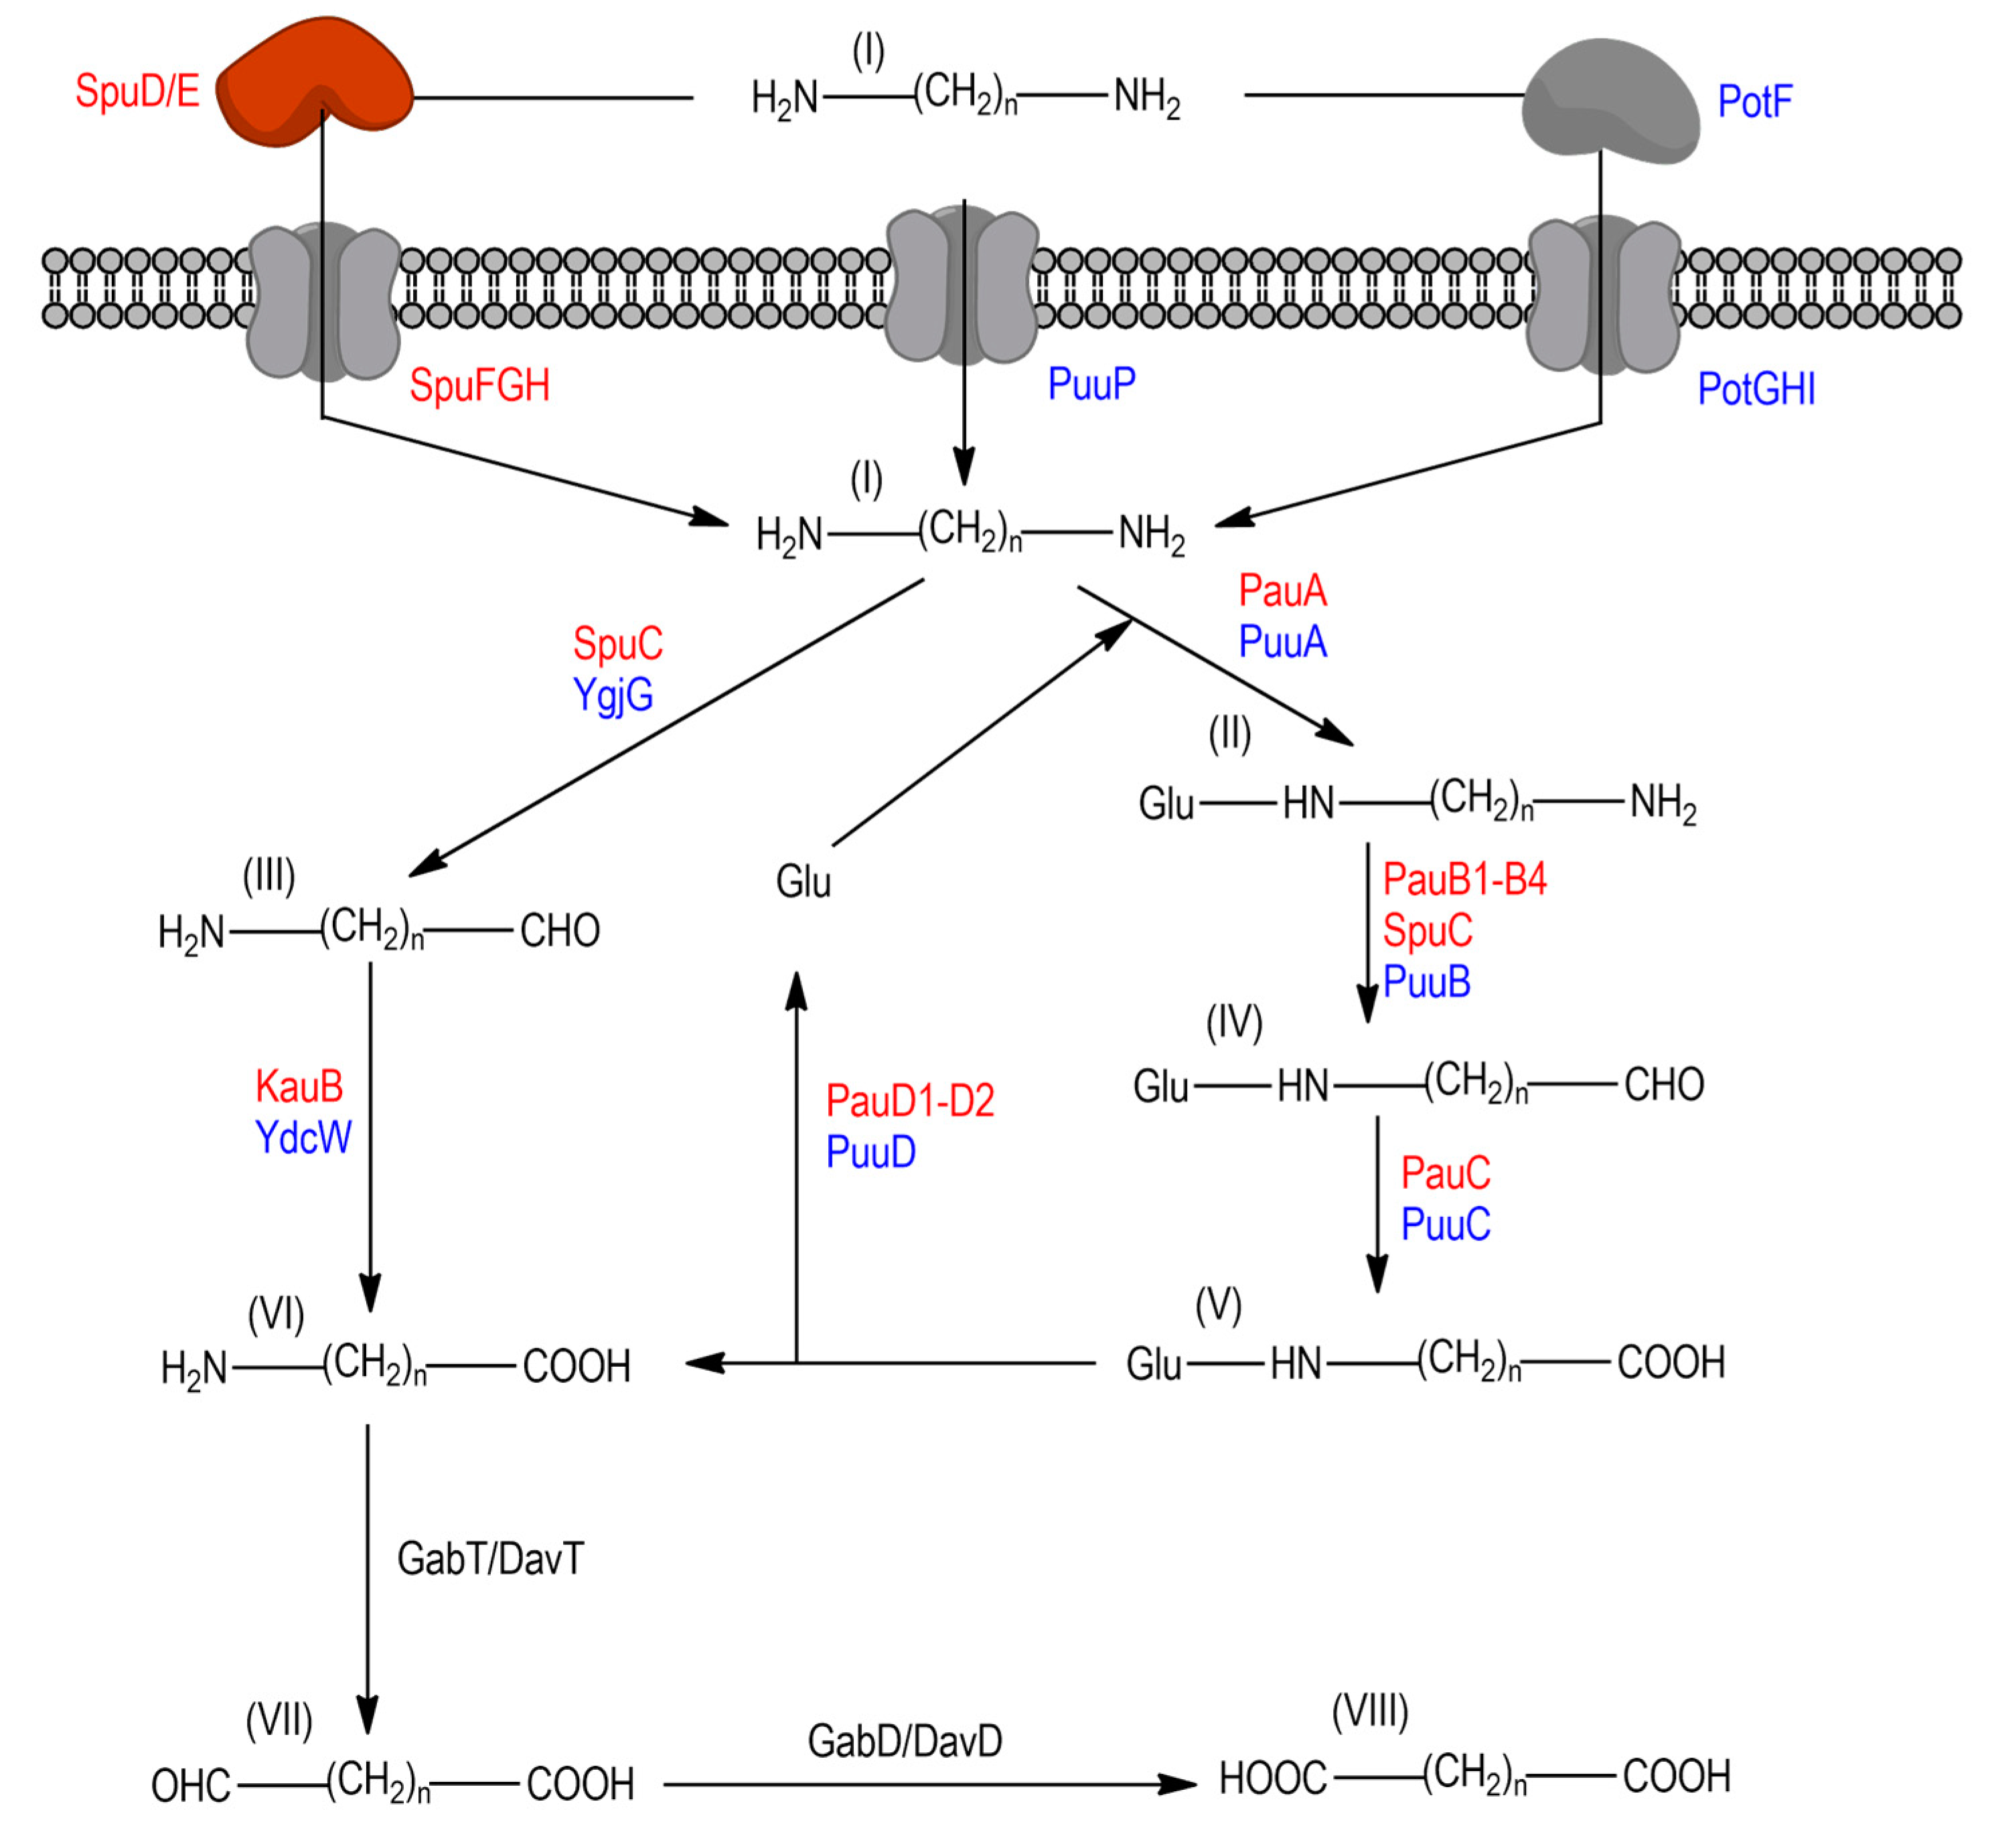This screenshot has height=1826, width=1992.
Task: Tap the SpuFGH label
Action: tap(479, 386)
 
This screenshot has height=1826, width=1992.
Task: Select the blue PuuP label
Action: tap(1091, 384)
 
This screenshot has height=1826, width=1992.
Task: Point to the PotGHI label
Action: tap(1756, 390)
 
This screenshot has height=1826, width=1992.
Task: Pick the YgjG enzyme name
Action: tap(613, 695)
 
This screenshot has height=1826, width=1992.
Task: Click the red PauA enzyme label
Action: tap(1282, 591)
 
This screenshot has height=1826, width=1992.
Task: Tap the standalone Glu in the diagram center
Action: tap(803, 882)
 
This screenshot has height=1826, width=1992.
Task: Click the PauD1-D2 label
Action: tap(909, 1100)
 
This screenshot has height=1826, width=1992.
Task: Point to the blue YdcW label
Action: tap(303, 1137)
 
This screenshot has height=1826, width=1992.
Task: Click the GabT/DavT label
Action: tap(490, 1559)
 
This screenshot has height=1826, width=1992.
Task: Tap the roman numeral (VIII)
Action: tap(1369, 1710)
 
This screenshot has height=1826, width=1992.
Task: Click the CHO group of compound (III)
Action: tap(560, 931)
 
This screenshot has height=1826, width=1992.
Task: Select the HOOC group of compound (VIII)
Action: tap(1272, 1778)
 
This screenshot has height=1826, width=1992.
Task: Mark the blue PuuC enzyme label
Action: tap(1446, 1225)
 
